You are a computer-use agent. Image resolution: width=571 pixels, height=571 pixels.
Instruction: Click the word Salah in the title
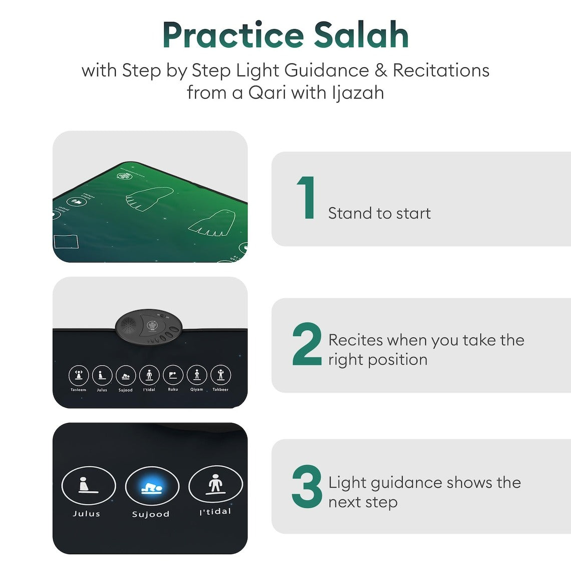click(361, 35)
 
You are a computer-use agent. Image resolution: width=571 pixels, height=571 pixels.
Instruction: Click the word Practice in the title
click(233, 35)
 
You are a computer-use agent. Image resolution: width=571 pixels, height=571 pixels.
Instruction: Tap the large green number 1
click(307, 198)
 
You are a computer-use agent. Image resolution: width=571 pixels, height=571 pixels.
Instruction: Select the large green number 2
click(307, 345)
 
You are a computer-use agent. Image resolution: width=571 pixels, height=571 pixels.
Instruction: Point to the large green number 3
click(307, 487)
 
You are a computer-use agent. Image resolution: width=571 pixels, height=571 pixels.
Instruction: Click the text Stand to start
click(379, 213)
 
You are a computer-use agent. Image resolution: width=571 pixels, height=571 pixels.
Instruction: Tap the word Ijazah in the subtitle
click(358, 93)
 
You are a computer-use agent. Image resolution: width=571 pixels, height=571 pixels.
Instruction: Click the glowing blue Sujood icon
click(152, 487)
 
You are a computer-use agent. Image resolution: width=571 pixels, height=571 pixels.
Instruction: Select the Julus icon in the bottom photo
click(88, 486)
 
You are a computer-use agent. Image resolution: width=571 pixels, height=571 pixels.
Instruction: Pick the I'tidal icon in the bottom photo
click(215, 485)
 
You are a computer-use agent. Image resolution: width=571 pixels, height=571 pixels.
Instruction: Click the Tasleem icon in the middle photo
click(79, 375)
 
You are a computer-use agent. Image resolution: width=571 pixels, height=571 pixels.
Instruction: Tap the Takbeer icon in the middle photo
click(220, 375)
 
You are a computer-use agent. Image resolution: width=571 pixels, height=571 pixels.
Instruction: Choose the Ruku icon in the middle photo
click(173, 375)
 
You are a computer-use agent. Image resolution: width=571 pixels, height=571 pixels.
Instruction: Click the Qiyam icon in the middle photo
click(197, 375)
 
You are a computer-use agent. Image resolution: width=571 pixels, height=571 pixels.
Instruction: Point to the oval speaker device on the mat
click(148, 326)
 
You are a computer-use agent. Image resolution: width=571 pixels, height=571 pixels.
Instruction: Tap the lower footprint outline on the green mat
click(214, 223)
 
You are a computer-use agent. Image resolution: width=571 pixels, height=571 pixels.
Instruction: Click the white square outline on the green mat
click(66, 242)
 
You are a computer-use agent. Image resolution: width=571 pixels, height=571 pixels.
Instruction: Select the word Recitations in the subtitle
click(441, 70)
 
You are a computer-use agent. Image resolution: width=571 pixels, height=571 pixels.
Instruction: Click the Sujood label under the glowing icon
click(151, 514)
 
